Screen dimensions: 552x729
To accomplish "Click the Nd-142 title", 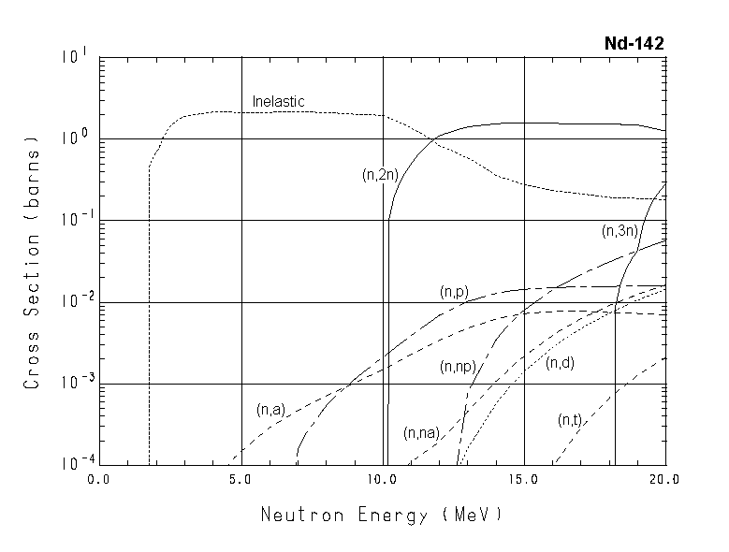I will [x=634, y=43].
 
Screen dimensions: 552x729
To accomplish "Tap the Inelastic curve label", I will [x=279, y=101].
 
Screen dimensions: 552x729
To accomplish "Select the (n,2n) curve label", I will [x=380, y=174].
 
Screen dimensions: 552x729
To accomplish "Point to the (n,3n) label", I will [x=620, y=230].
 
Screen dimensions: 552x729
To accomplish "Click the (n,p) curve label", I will [x=454, y=293].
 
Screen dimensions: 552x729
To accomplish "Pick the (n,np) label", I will [x=459, y=368].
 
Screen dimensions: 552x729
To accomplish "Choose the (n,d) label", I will [x=560, y=363].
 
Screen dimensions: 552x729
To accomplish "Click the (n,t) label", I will [x=570, y=420].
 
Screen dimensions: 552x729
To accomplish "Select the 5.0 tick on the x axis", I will [x=241, y=481].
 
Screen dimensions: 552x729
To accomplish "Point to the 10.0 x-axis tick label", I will [x=383, y=481].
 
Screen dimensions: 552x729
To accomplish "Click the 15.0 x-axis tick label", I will [x=524, y=481].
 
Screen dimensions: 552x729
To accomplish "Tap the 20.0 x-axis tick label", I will [x=665, y=481].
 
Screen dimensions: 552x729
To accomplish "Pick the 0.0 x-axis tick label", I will [x=99, y=481].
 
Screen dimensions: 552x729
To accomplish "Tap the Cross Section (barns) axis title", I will [x=33, y=267].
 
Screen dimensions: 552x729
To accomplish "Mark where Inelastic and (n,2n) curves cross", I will [x=435, y=139].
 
